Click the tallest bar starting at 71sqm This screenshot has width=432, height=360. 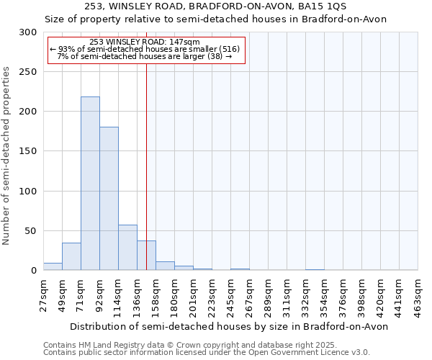tap(90, 184)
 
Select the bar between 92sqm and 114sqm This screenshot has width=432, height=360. tap(109, 199)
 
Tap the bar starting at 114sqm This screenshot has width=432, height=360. tap(127, 248)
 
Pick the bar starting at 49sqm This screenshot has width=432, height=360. tap(71, 256)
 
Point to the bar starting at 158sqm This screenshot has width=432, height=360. tap(165, 266)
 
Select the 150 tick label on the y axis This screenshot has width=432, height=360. tap(28, 151)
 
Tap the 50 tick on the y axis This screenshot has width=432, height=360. tap(31, 231)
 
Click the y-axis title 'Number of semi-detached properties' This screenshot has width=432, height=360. tap(7, 156)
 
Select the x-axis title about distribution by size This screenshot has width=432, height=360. tap(230, 326)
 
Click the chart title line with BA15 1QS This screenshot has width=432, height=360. tap(216, 6)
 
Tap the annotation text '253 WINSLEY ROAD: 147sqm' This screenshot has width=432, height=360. tap(146, 42)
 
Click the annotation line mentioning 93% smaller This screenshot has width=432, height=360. tap(146, 49)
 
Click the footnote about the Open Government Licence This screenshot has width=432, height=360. tap(206, 352)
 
